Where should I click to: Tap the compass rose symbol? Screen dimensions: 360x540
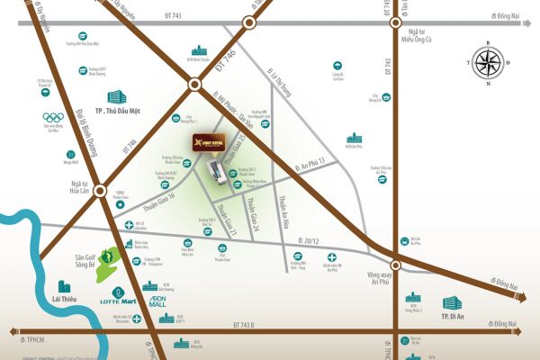tap(486, 63)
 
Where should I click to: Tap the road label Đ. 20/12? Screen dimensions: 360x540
tap(310, 239)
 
